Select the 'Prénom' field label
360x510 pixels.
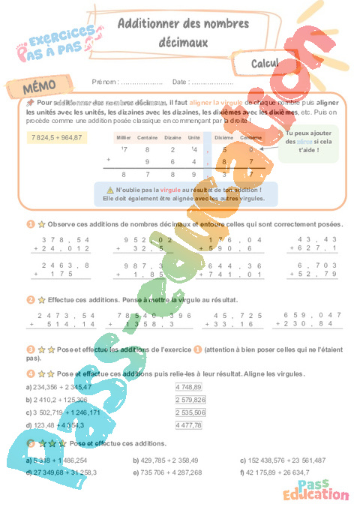click(105, 81)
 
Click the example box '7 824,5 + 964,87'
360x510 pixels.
click(58, 138)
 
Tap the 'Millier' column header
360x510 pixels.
click(124, 138)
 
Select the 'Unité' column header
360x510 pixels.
click(193, 138)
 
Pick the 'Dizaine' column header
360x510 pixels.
click(172, 138)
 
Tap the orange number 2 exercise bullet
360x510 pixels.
click(31, 299)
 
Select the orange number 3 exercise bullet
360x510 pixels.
click(31, 349)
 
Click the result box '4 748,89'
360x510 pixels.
click(188, 386)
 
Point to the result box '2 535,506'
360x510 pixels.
click(190, 412)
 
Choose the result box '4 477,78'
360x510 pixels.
click(188, 425)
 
